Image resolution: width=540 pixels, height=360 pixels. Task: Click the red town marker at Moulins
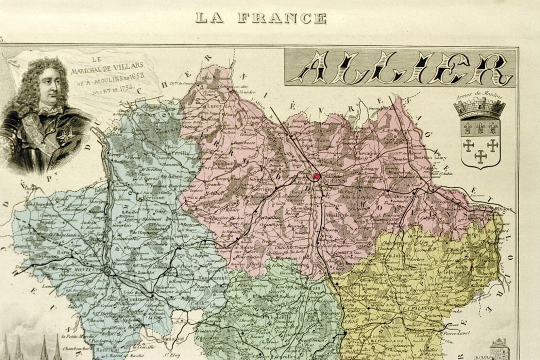pos(317,176)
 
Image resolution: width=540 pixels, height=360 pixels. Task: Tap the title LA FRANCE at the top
pos(261,18)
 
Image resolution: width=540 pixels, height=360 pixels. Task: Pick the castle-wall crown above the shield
pos(479,109)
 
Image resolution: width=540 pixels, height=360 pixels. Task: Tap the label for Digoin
pos(504,209)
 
